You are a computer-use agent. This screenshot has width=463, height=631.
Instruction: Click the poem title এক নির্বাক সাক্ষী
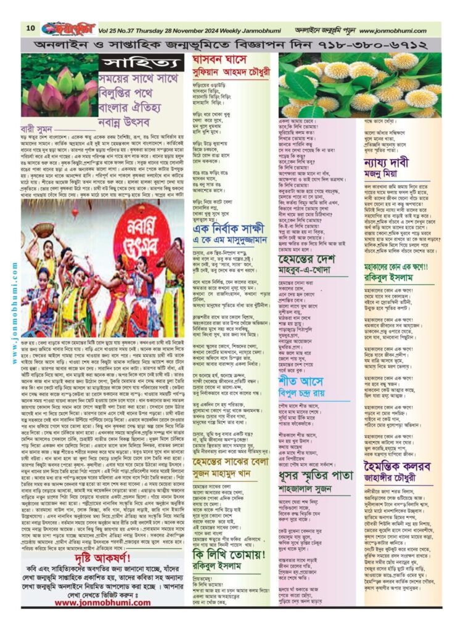pyautogui.click(x=228, y=229)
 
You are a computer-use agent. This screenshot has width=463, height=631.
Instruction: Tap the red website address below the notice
pyautogui.click(x=102, y=603)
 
